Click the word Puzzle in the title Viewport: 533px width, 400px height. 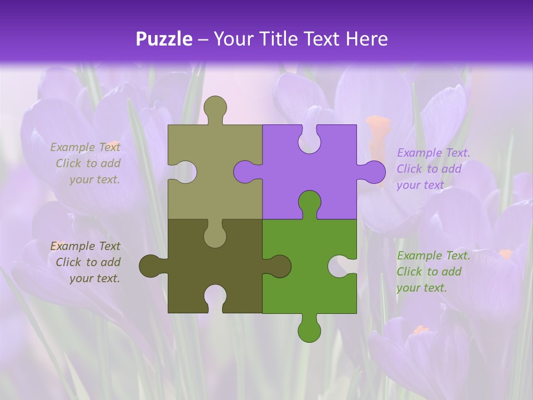[164, 39]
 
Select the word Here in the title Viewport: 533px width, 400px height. [366, 39]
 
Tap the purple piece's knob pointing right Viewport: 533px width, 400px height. [373, 172]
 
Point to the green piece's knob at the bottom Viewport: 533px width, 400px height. [309, 330]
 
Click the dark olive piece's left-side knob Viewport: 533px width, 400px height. [151, 266]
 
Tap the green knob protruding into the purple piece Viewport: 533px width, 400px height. [309, 203]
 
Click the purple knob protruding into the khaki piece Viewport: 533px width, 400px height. [245, 172]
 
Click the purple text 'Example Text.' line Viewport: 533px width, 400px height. [434, 153]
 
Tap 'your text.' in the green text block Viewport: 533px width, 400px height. [421, 288]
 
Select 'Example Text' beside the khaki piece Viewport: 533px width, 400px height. [85, 147]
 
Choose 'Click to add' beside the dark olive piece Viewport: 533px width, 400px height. [88, 262]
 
